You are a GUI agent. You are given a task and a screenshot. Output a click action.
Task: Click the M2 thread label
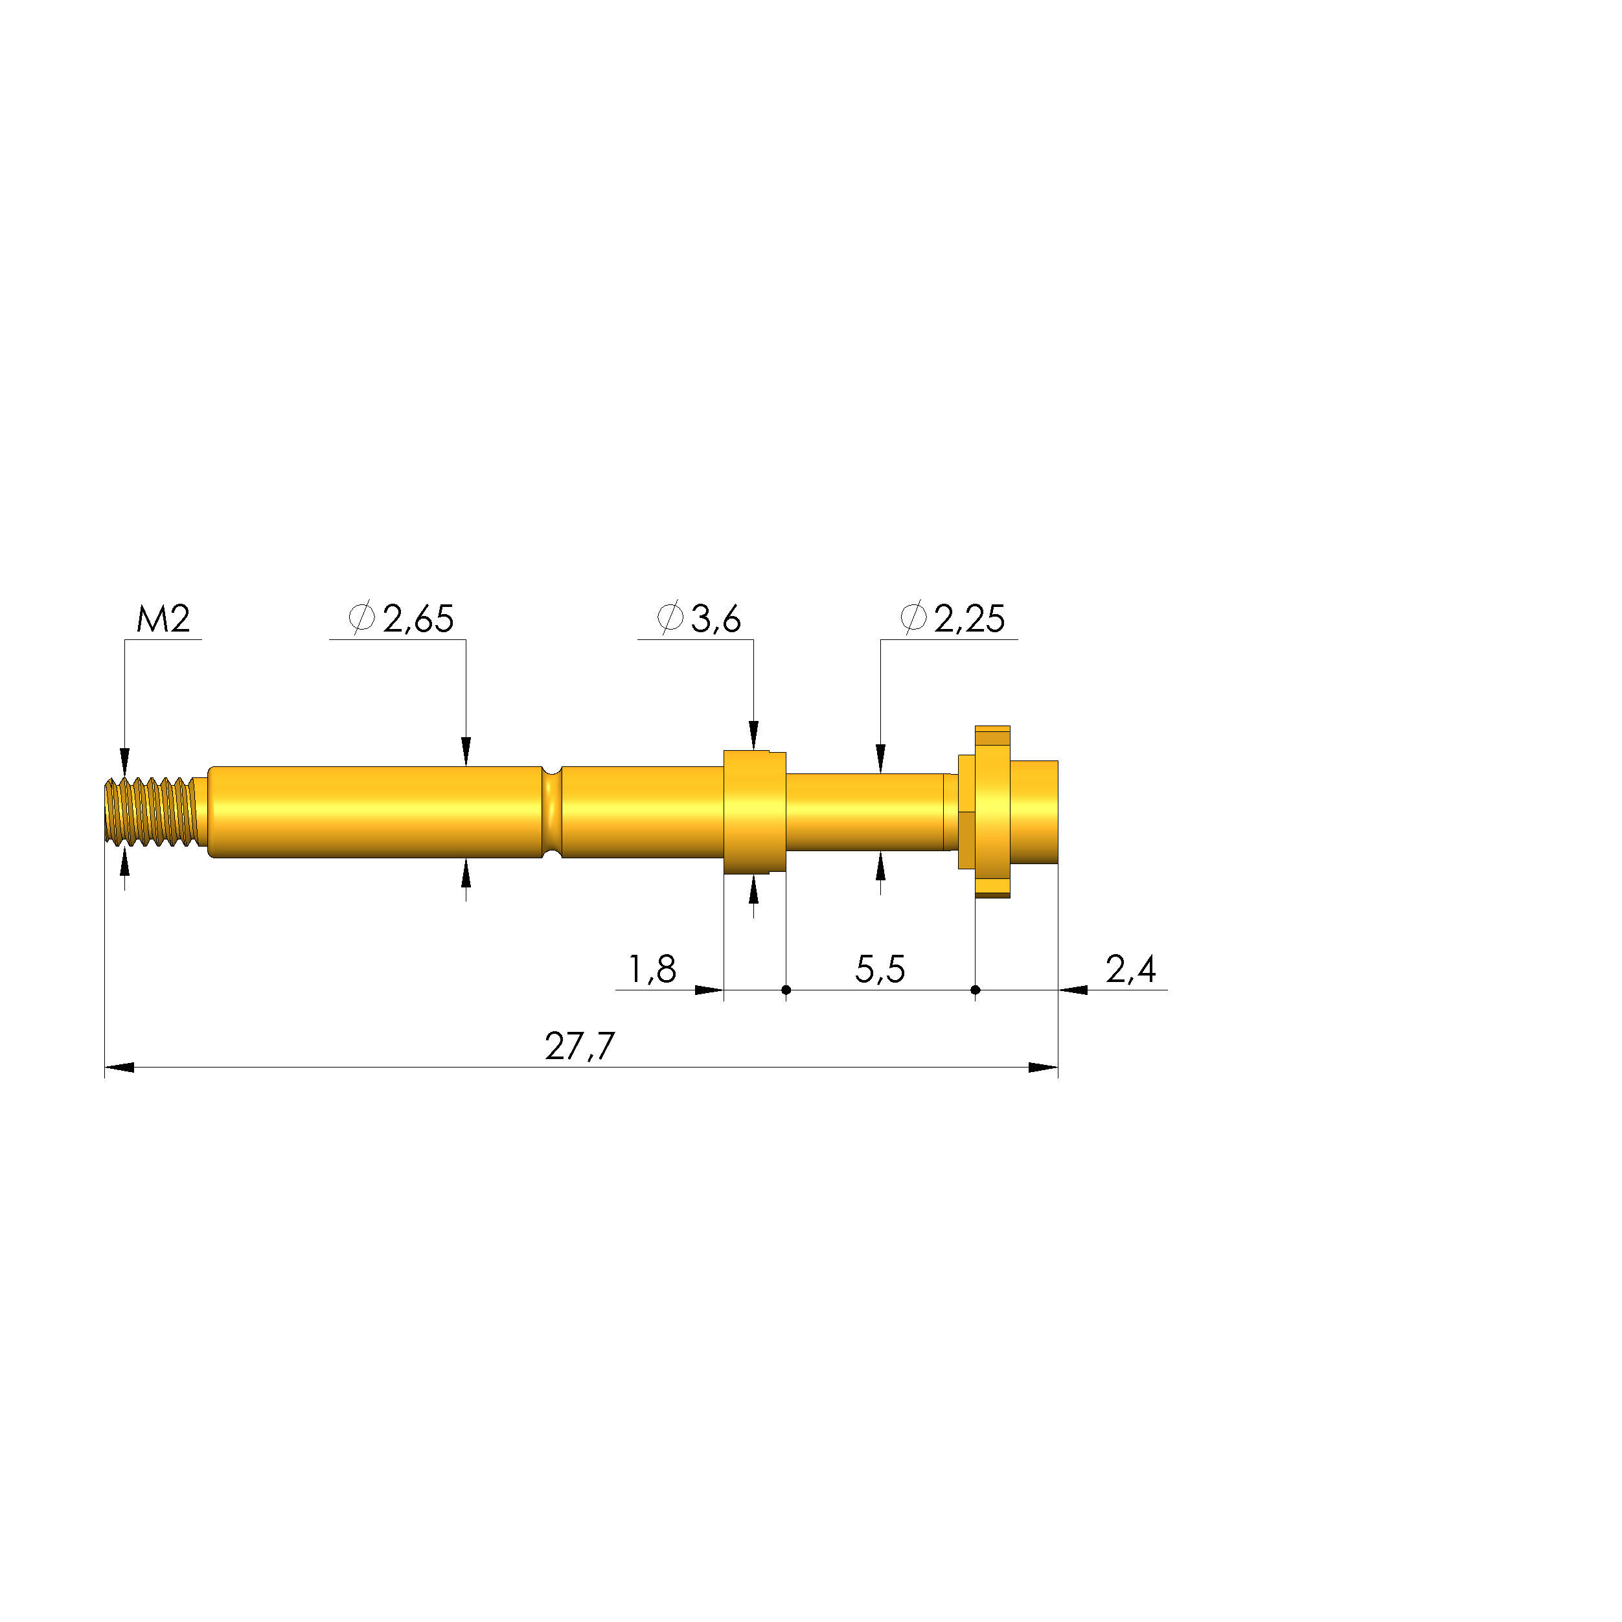coord(164,619)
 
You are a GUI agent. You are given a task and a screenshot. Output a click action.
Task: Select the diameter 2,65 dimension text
coord(402,619)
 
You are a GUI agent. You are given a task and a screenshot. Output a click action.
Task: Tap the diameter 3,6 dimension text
coord(698,619)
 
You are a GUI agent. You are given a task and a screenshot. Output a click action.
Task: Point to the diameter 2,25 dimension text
coord(953,619)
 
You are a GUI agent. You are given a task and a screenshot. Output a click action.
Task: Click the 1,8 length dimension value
coord(653,970)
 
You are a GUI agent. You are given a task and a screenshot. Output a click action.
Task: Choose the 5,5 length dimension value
coord(880,970)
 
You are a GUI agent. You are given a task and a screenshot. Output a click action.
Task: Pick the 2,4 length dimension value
coord(1131,970)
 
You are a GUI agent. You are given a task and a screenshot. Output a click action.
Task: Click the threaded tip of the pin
coord(151,811)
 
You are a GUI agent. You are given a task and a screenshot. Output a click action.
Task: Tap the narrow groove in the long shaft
coord(552,812)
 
